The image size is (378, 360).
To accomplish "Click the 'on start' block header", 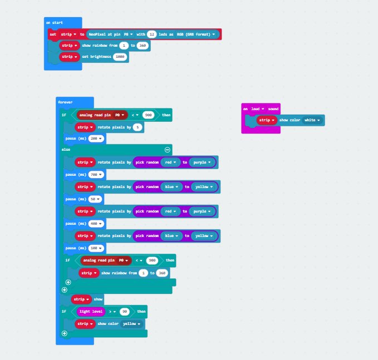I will (55, 22).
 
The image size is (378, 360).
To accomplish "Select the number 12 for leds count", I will (151, 34).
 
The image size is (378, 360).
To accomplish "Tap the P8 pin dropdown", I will (129, 34).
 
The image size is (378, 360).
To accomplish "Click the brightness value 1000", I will (120, 57).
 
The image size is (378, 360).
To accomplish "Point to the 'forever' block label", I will (65, 102).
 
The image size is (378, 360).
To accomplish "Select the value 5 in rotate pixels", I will (137, 127).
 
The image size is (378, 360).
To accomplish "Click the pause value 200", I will (95, 138).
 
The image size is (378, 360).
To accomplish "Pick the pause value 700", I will (95, 174).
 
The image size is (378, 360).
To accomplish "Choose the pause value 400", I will (95, 223).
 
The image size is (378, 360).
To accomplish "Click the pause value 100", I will (95, 248).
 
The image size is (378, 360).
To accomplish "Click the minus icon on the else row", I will (167, 150).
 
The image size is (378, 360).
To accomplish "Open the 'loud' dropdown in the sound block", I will (257, 109).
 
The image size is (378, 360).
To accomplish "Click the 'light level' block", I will (92, 312).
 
